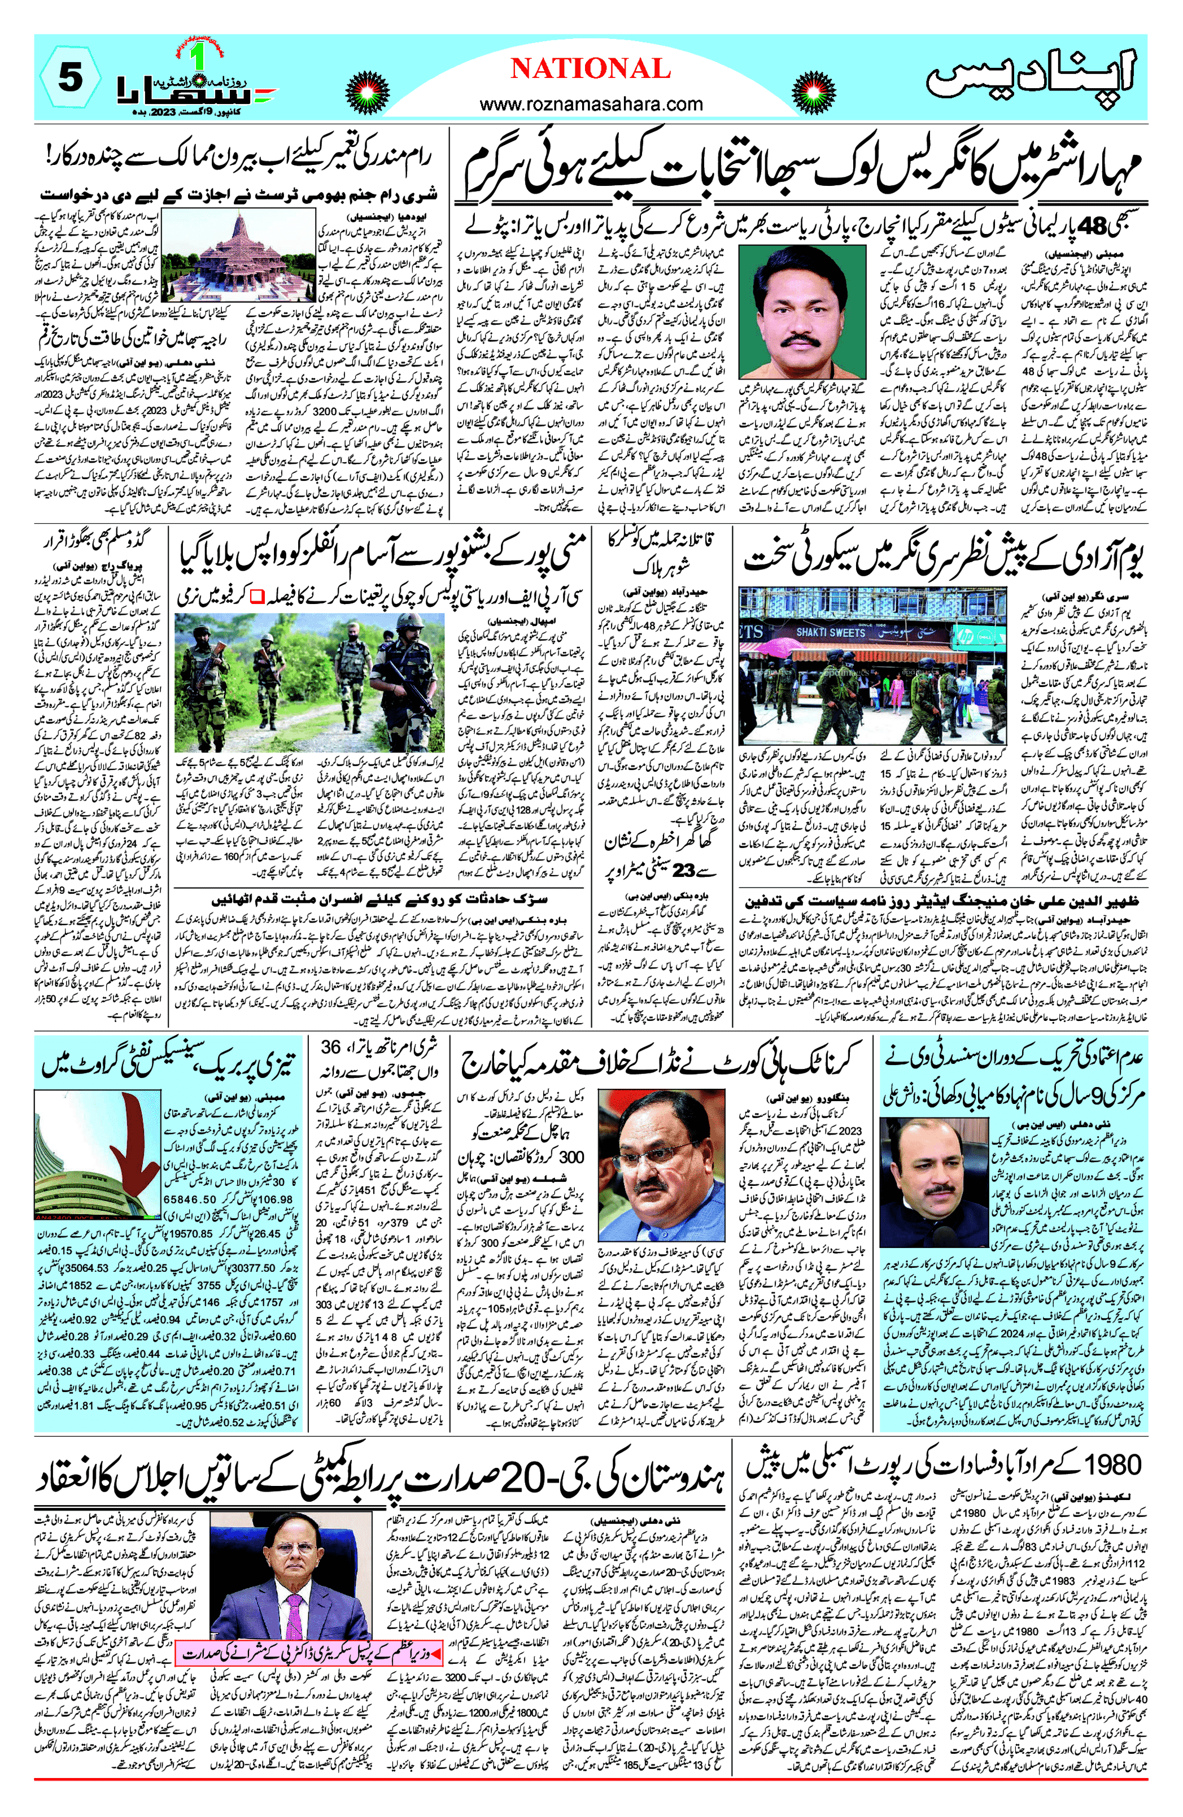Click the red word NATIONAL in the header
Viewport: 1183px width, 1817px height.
590,69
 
